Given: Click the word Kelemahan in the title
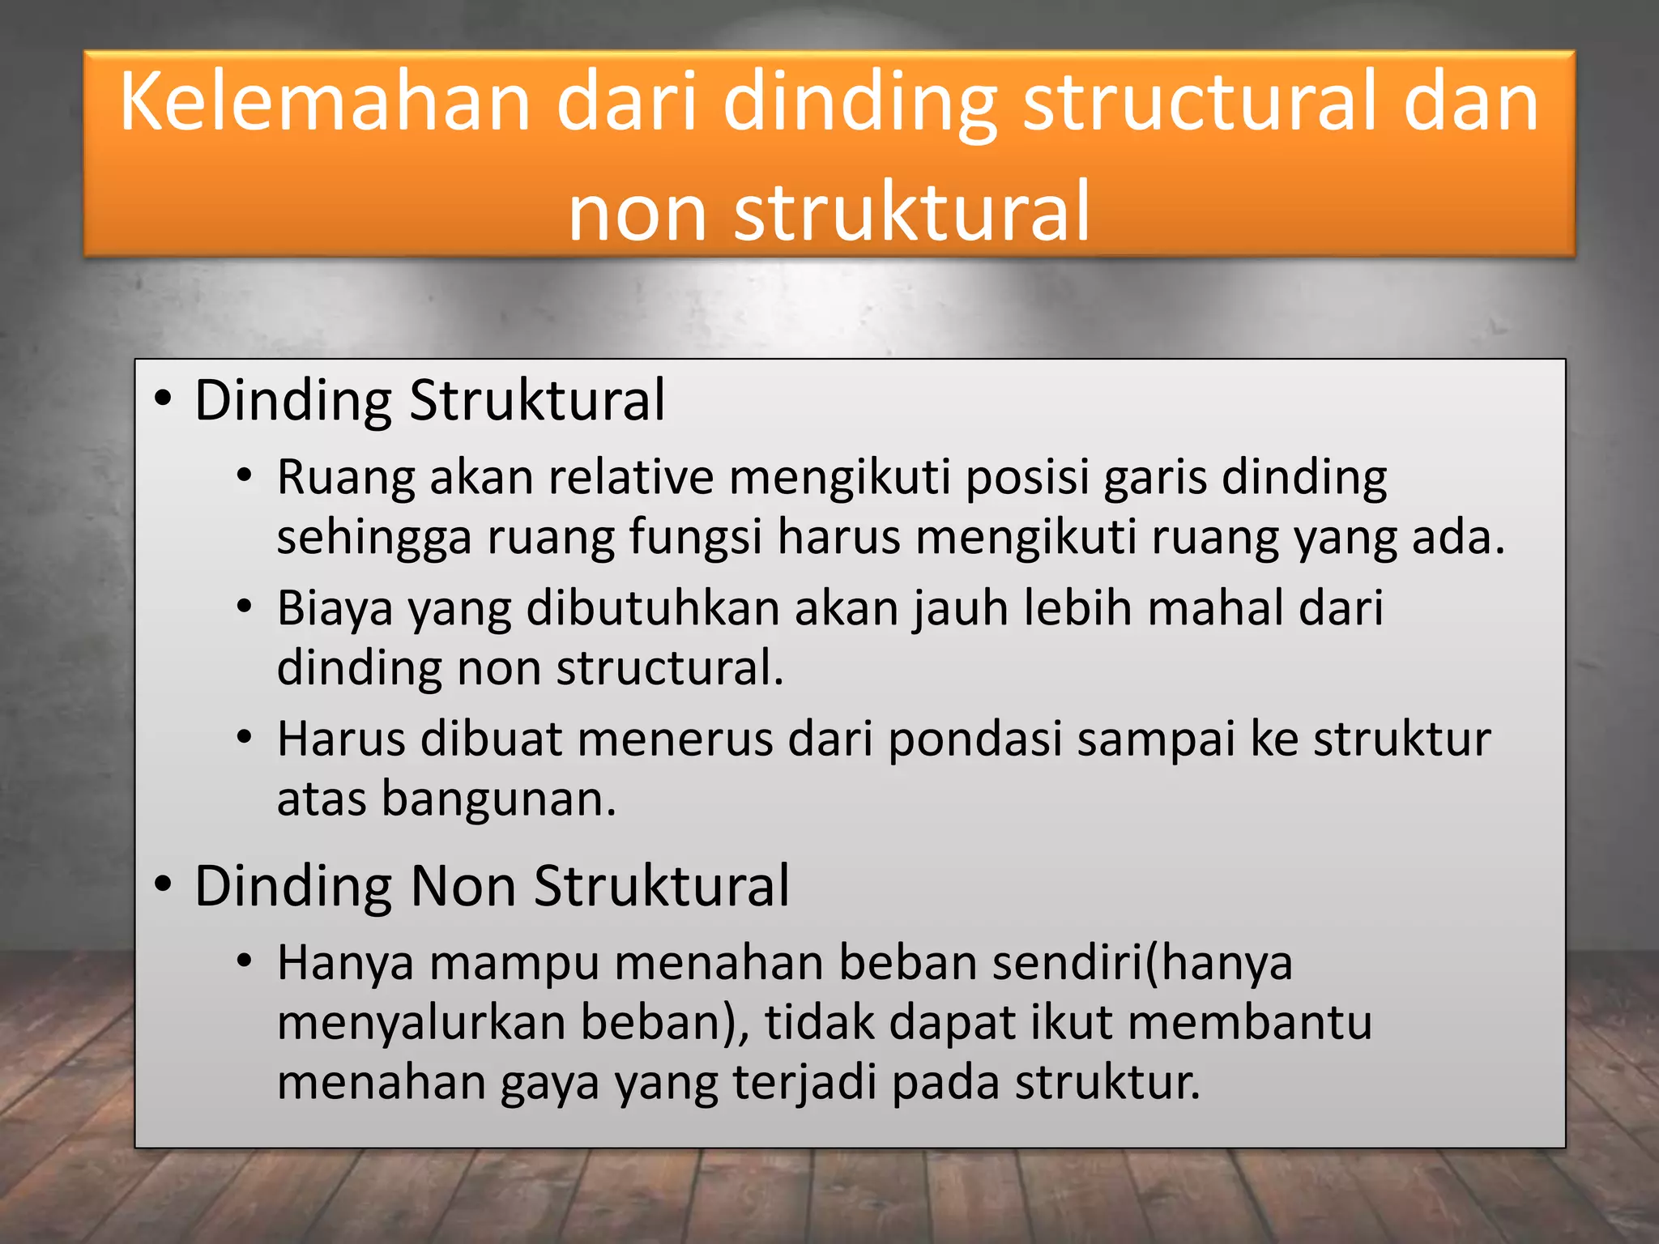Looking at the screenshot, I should coord(324,101).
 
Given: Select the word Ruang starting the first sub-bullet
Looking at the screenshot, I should coord(345,478).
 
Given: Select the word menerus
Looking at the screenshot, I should coord(675,739).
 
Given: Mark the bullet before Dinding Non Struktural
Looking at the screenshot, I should coord(163,884).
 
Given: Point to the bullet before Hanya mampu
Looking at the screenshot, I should coord(245,962).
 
